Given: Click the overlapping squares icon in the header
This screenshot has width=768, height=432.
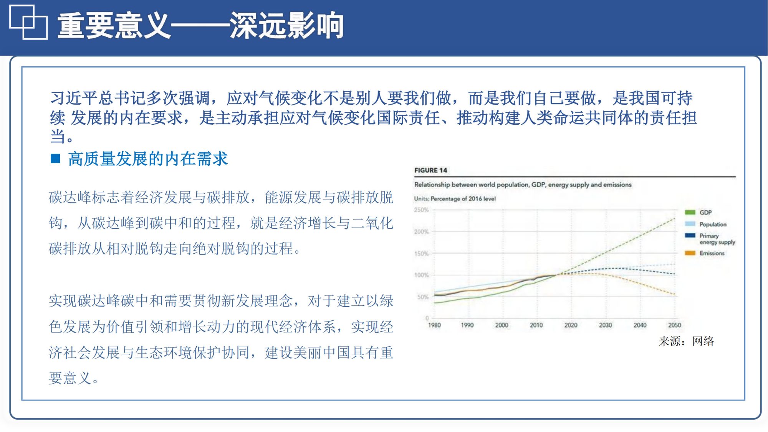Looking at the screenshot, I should [28, 22].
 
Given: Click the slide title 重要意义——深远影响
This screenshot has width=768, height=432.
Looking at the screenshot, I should [200, 26].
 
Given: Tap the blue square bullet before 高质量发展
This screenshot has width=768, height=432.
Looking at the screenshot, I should [55, 158].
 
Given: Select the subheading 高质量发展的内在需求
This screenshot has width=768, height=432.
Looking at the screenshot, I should [148, 159].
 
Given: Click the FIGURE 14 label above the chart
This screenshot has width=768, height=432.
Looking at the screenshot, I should [430, 170].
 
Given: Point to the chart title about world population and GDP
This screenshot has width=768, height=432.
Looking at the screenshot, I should [523, 185].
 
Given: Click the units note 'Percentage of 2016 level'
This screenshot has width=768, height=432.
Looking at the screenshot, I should [463, 199].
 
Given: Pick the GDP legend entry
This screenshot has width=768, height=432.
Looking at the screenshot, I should [705, 213].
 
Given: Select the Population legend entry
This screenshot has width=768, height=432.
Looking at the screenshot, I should [712, 224].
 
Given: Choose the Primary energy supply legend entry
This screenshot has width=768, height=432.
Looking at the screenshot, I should [716, 239].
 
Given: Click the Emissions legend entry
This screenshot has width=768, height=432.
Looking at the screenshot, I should [712, 253].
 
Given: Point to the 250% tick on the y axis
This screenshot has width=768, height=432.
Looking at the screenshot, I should [421, 210].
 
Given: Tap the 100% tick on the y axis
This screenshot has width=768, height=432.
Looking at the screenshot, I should [421, 275].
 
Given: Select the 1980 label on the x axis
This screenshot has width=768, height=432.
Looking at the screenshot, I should [434, 325].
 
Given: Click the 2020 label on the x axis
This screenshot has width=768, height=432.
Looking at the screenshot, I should [571, 325].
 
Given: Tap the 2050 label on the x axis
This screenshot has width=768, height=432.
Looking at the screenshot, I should [674, 325].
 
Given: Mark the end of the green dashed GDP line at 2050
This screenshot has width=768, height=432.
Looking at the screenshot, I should [674, 219].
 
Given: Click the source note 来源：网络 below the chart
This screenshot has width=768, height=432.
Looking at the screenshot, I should [686, 341].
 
